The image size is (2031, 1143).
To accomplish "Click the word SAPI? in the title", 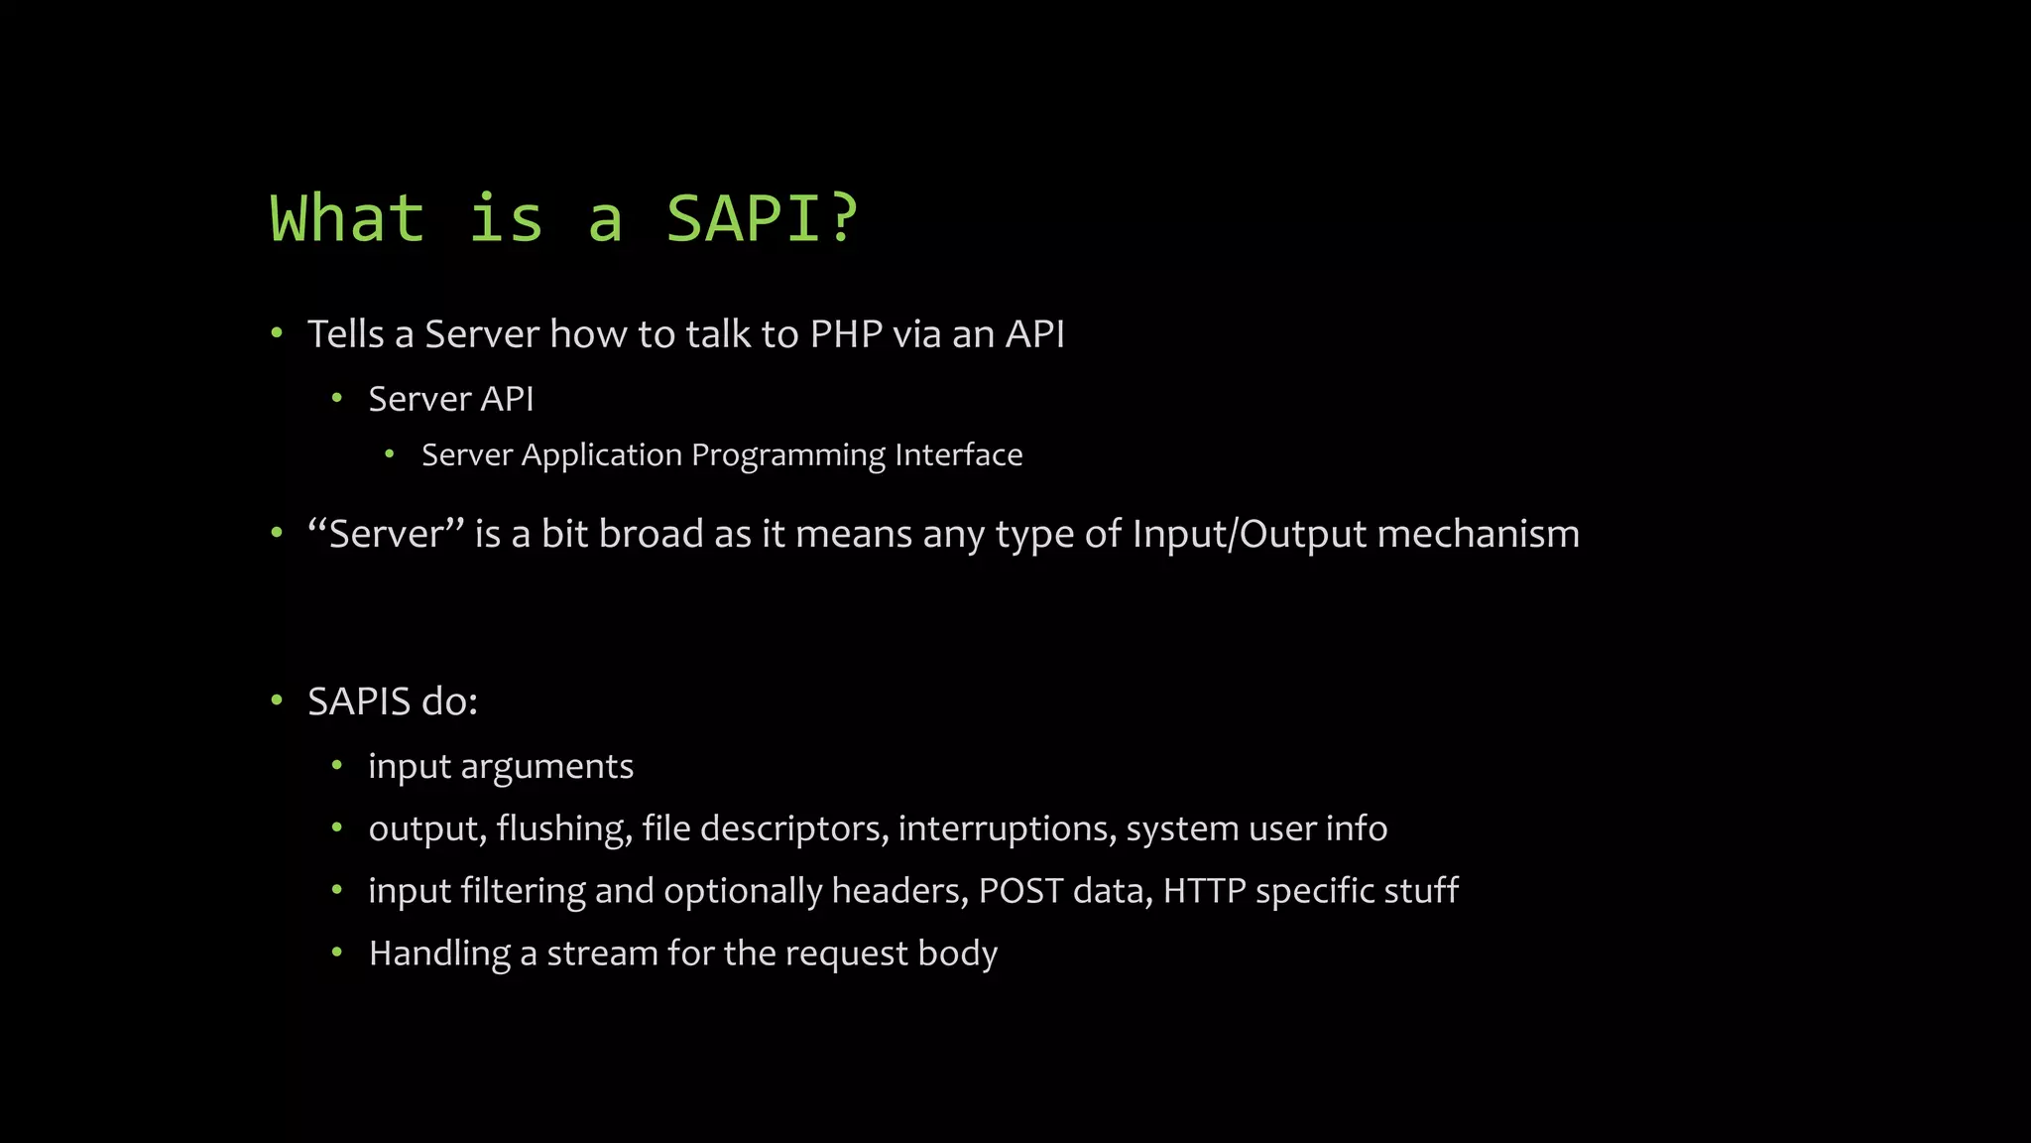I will tap(761, 218).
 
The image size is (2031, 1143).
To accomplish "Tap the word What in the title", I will tap(347, 218).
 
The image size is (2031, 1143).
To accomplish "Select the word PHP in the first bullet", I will tap(845, 334).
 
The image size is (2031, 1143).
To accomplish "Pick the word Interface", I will tap(958, 455).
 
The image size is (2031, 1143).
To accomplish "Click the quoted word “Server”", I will tap(386, 534).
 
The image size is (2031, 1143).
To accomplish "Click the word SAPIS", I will tap(359, 701).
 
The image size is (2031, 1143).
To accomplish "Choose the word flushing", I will tap(564, 828).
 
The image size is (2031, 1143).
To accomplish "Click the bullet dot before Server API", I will tap(337, 399).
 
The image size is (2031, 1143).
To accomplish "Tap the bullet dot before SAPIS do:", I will tap(277, 701).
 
